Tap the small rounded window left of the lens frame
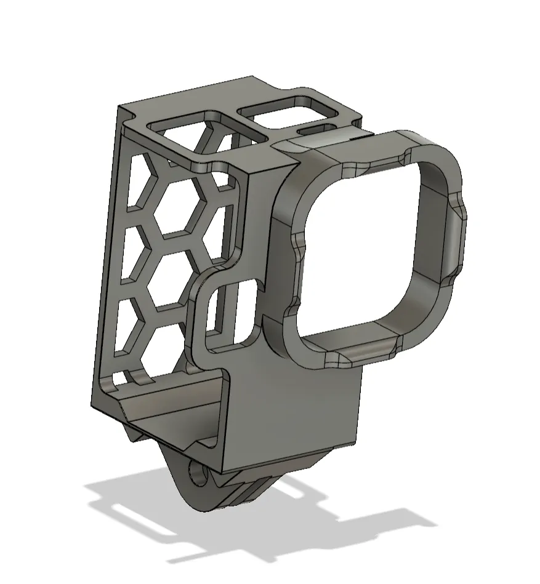tap(233, 314)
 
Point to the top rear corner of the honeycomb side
tap(119, 110)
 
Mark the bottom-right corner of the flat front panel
tap(356, 442)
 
